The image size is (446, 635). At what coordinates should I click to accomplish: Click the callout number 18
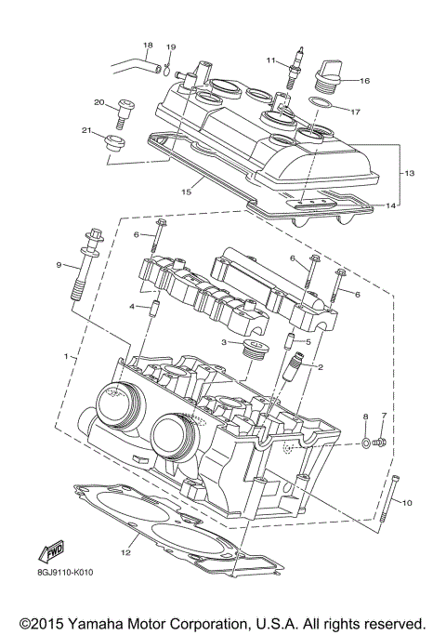coord(147,45)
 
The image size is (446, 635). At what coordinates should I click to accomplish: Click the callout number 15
coord(186,192)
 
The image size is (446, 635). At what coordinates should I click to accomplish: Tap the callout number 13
coord(408,173)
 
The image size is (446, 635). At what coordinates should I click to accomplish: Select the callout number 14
coord(391,205)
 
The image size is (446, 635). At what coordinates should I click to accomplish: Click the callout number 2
coord(320,367)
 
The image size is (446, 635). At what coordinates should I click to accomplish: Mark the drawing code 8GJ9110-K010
coord(54,572)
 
